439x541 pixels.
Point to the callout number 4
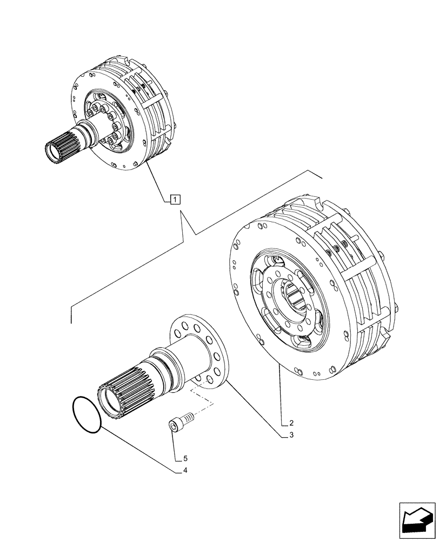185,470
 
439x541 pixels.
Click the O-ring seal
86,414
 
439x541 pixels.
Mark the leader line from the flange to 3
254,408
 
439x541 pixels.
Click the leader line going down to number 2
281,395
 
